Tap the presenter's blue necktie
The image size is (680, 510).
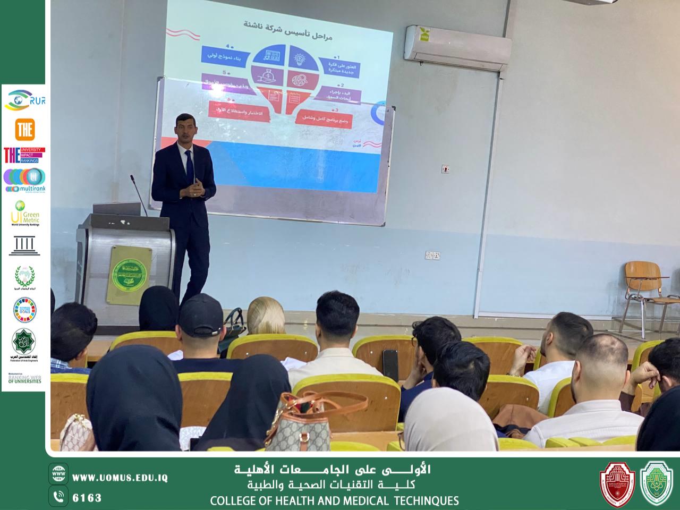pyautogui.click(x=189, y=164)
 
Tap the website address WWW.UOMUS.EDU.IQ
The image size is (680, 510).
pyautogui.click(x=120, y=478)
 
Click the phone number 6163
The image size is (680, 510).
pyautogui.click(x=87, y=498)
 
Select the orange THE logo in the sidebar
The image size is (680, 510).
pyautogui.click(x=24, y=129)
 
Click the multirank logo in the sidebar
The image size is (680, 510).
pyautogui.click(x=24, y=181)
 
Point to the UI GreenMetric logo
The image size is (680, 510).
pyautogui.click(x=24, y=212)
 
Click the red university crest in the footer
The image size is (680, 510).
pyautogui.click(x=617, y=482)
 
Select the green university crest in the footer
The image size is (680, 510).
pyautogui.click(x=657, y=482)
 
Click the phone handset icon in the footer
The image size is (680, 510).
pyautogui.click(x=59, y=497)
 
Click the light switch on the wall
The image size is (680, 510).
pyautogui.click(x=446, y=169)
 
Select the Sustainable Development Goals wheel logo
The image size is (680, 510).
pyautogui.click(x=24, y=310)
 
